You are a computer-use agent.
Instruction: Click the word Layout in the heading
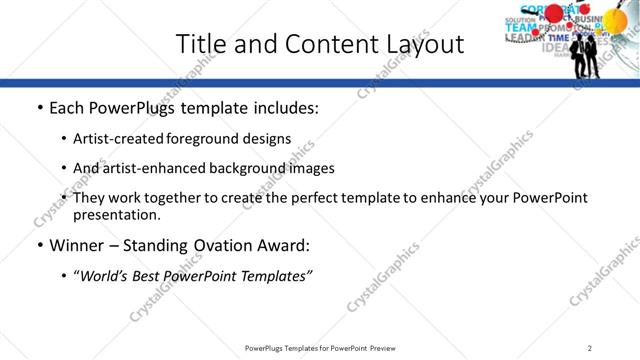click(x=420, y=44)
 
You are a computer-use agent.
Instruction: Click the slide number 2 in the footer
click(x=590, y=348)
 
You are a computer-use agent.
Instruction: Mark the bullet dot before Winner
click(x=39, y=245)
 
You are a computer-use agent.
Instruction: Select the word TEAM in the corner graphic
click(x=520, y=28)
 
